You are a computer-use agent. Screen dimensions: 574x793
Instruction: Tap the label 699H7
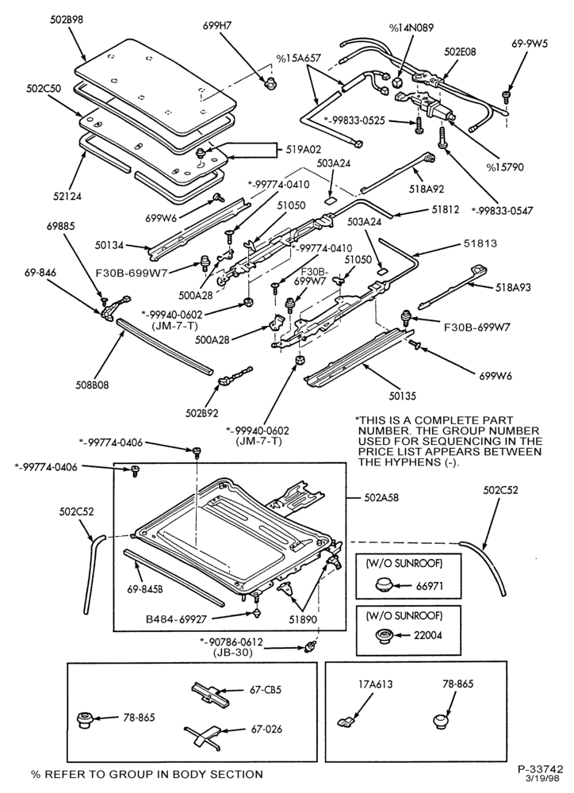pos(215,26)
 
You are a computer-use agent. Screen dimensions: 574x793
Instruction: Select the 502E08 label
pos(460,52)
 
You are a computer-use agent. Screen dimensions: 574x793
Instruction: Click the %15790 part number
pos(505,167)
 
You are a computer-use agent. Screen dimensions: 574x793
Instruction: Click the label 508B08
pos(91,385)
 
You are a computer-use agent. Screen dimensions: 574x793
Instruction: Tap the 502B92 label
pos(202,413)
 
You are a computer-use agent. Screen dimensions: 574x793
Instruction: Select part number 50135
pos(402,396)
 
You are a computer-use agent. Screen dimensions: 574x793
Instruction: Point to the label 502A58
pos(381,498)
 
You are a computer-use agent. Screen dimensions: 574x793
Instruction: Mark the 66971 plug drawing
pos(384,586)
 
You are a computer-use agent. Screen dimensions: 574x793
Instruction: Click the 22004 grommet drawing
pos(385,635)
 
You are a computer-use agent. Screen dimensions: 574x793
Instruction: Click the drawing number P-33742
pos(541,769)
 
